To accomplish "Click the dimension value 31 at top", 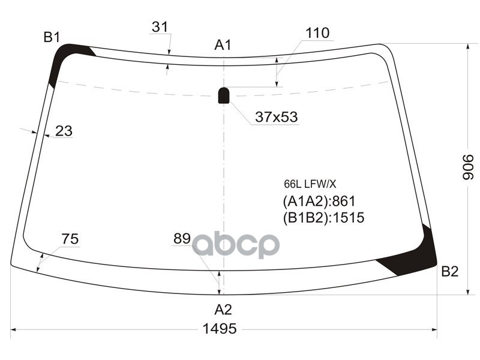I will [x=159, y=27].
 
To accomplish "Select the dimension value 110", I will [x=317, y=33].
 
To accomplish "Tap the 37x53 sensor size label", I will [x=277, y=117].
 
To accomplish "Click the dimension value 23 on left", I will [x=64, y=131].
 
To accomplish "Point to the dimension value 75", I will [x=70, y=239].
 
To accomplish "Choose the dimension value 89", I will [x=182, y=239].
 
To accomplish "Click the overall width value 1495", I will [x=220, y=329].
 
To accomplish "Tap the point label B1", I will [x=52, y=38].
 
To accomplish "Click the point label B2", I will [x=449, y=272].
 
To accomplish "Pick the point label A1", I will [x=223, y=44].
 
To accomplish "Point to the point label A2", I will [x=223, y=310].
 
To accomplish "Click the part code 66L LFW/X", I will [x=310, y=184].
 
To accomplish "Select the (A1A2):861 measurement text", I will [x=319, y=201].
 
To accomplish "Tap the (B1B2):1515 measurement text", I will [x=323, y=218].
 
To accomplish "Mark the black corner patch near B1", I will [x=64, y=60].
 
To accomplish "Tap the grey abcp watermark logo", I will [x=236, y=245].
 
